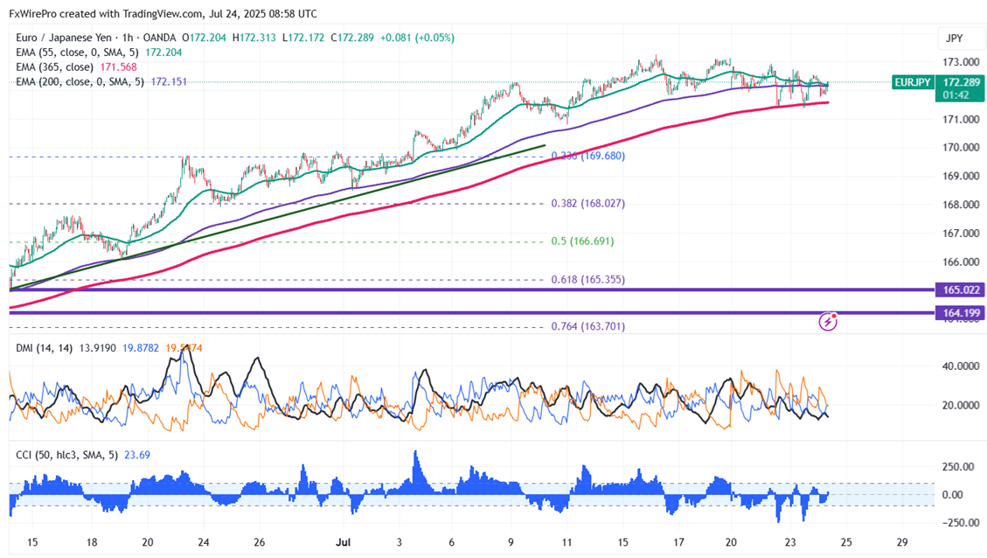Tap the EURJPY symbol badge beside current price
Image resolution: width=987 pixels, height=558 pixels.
(x=911, y=82)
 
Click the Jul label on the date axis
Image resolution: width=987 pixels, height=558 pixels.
(x=342, y=542)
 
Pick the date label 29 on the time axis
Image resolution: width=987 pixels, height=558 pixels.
(x=902, y=542)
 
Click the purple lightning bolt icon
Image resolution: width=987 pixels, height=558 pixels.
(x=827, y=322)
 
